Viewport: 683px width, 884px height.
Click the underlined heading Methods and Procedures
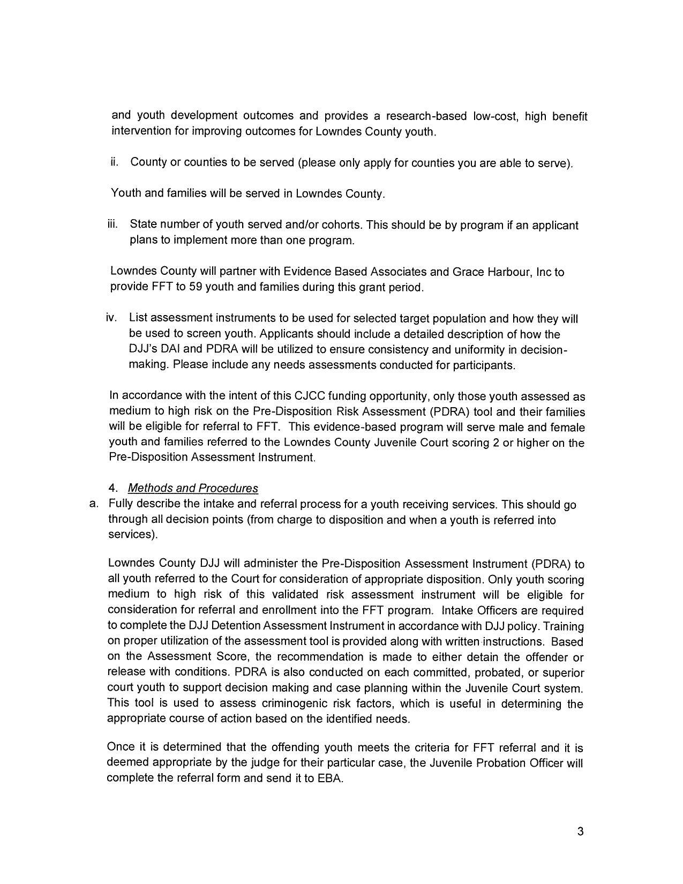tap(193, 488)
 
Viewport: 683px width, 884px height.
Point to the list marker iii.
tap(112, 224)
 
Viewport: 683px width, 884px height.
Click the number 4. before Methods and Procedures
tap(112, 488)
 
